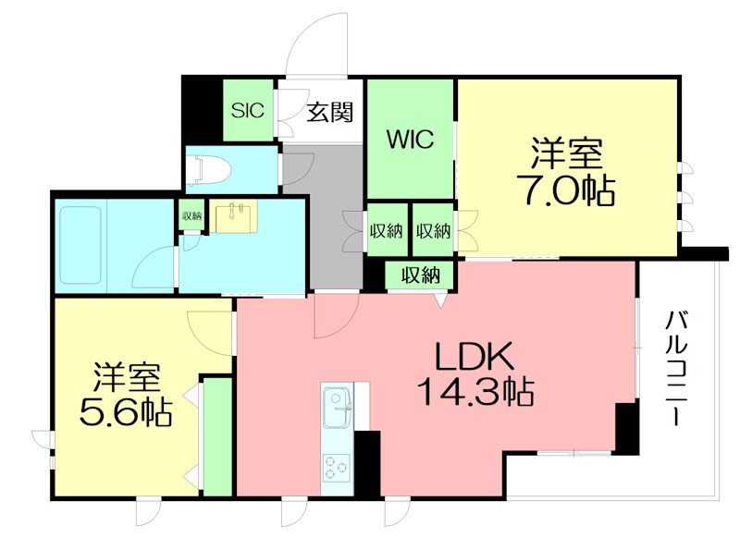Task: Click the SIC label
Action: coord(248,111)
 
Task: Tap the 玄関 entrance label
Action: coord(329,113)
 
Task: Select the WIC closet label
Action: coord(410,140)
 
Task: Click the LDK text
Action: coord(475,358)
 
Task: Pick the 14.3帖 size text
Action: coord(475,394)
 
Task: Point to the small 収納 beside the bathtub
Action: coord(191,215)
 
